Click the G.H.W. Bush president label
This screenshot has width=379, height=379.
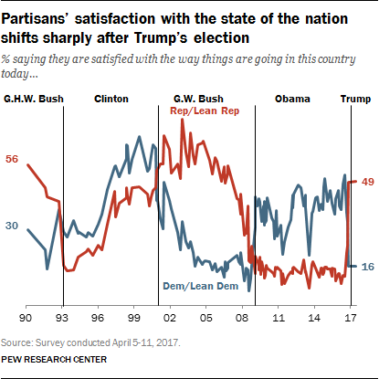[32, 98]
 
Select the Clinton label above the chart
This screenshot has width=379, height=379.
[111, 98]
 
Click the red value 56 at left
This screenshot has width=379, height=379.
[13, 159]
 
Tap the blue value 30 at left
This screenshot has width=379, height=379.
[13, 226]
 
